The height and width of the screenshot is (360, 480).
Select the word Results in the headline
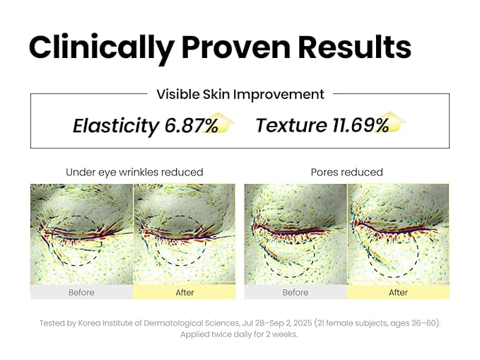coord(354,47)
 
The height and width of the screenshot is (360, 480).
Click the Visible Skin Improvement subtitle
coord(240,94)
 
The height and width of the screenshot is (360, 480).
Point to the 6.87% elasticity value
coord(192,126)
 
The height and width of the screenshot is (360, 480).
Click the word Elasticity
coord(116,126)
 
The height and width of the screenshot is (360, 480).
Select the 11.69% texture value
coord(361,125)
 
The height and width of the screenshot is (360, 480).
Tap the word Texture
coord(291,125)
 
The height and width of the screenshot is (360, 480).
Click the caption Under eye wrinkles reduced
coord(134,172)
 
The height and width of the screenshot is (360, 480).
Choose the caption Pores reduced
coord(346,172)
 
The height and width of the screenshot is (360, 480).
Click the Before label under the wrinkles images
coord(81,292)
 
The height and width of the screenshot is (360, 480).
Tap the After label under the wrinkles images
coord(185,292)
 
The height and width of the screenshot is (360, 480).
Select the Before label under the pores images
coord(295,292)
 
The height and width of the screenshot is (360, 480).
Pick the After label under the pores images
coord(398,292)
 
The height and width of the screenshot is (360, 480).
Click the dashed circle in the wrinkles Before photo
coord(81,240)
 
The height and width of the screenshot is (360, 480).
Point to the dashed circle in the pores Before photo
coord(290,251)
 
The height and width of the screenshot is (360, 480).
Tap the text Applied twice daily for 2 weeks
coord(239,335)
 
